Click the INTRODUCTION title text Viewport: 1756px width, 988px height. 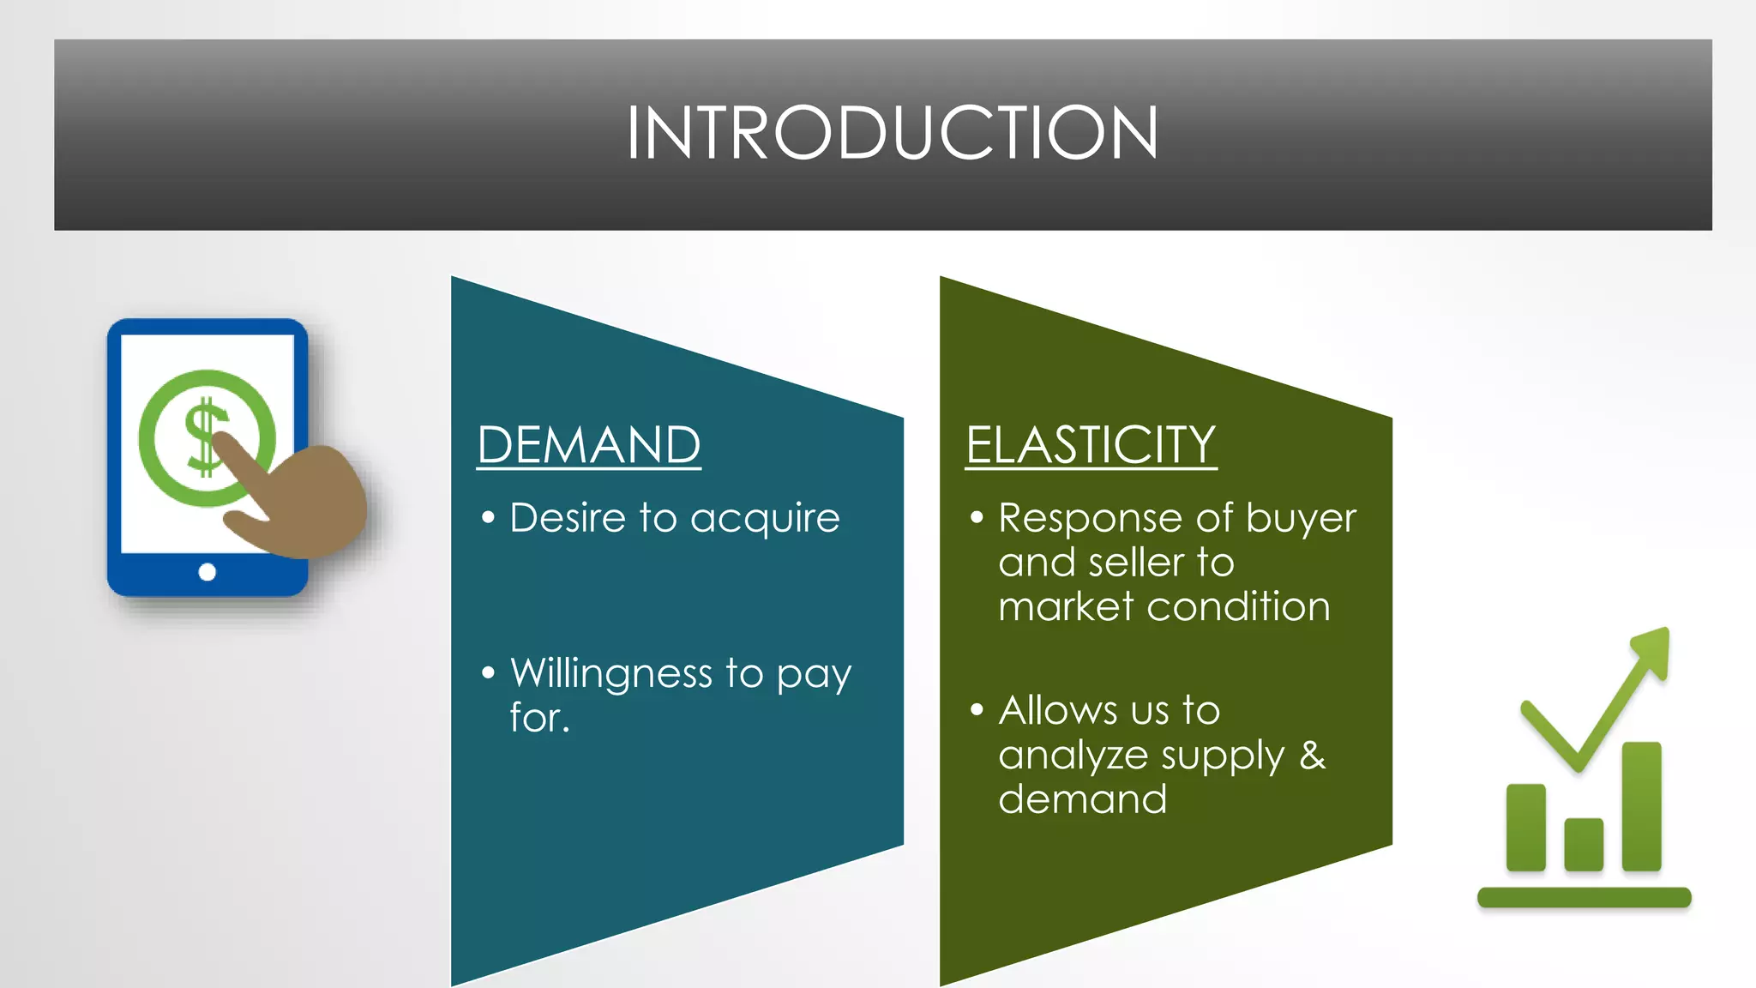click(892, 133)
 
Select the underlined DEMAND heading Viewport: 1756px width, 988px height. click(589, 445)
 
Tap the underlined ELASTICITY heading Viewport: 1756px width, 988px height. click(1091, 445)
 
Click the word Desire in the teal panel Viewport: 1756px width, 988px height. click(568, 518)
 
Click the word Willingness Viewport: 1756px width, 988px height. click(610, 675)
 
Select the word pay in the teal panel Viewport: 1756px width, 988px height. click(814, 677)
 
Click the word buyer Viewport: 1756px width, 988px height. click(1301, 518)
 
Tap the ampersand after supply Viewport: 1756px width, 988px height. click(1313, 755)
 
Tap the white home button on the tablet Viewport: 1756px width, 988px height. click(207, 572)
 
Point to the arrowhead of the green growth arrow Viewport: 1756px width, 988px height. click(1651, 652)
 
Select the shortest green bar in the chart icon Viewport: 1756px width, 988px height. click(1584, 844)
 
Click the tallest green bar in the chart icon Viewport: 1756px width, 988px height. click(1641, 806)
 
